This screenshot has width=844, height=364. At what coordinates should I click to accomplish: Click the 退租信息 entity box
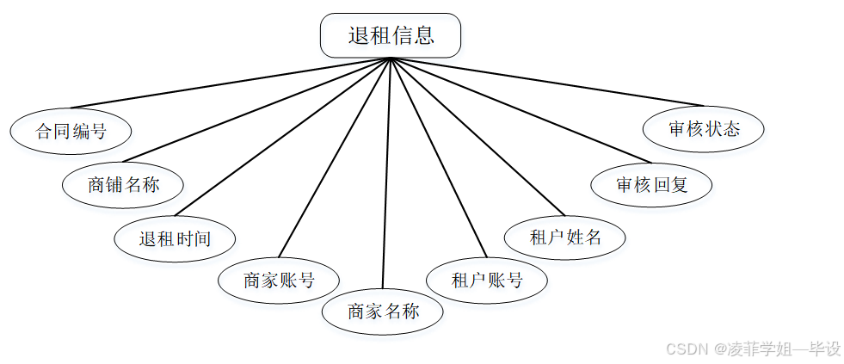(x=391, y=36)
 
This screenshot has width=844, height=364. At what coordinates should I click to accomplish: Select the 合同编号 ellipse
(x=71, y=132)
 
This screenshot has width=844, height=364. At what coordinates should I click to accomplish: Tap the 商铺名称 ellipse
(x=123, y=184)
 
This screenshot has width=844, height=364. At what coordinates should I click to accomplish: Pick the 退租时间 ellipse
(x=175, y=238)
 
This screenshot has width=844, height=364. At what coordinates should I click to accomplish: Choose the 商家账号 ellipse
(x=279, y=281)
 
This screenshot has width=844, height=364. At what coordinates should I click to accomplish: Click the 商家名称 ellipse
(x=383, y=312)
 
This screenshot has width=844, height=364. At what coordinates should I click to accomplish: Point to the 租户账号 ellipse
(x=487, y=281)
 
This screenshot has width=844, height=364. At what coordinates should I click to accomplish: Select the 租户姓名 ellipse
(x=565, y=238)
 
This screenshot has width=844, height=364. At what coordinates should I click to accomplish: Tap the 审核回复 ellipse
(x=651, y=184)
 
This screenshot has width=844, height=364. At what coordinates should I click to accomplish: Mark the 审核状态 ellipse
(x=704, y=130)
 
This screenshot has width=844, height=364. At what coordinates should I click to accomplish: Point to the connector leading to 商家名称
(x=387, y=172)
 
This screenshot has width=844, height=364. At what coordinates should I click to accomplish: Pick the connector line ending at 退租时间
(x=284, y=136)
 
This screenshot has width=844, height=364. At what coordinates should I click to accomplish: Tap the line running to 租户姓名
(x=477, y=136)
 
